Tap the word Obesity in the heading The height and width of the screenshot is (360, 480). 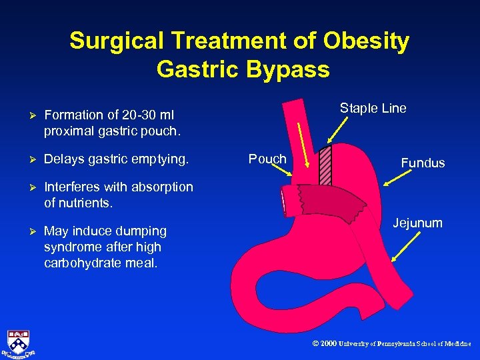367,41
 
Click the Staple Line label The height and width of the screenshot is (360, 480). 373,109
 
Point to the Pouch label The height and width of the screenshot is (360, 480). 267,159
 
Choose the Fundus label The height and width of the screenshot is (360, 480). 423,163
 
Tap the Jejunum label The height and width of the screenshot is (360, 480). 417,223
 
